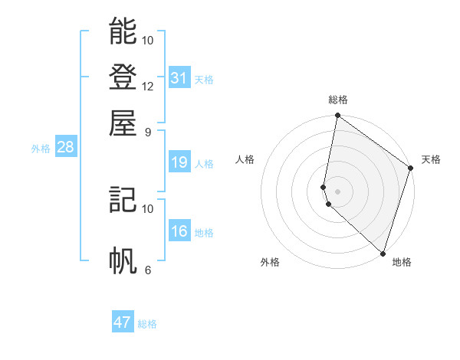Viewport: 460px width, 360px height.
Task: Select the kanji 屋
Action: [x=123, y=123]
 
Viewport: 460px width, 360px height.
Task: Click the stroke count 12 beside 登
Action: [x=148, y=86]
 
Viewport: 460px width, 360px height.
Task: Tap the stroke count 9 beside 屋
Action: [x=148, y=131]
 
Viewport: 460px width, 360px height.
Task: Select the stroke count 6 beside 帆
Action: [x=148, y=270]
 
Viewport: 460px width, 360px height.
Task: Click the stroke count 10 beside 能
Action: [x=148, y=40]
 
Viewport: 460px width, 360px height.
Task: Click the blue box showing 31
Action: [x=179, y=78]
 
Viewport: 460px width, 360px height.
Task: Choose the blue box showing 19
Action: [x=179, y=162]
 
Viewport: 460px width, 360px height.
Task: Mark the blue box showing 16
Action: [x=179, y=231]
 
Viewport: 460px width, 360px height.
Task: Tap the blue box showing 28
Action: [x=65, y=147]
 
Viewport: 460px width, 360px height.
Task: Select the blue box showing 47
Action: [x=123, y=322]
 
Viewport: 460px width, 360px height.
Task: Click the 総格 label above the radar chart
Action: [x=338, y=100]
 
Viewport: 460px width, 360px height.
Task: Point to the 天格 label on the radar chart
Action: [x=431, y=159]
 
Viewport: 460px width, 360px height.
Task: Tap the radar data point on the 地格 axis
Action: [x=383, y=253]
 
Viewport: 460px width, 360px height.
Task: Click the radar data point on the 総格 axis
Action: [x=337, y=116]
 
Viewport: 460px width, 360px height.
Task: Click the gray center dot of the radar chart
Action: [x=337, y=191]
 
